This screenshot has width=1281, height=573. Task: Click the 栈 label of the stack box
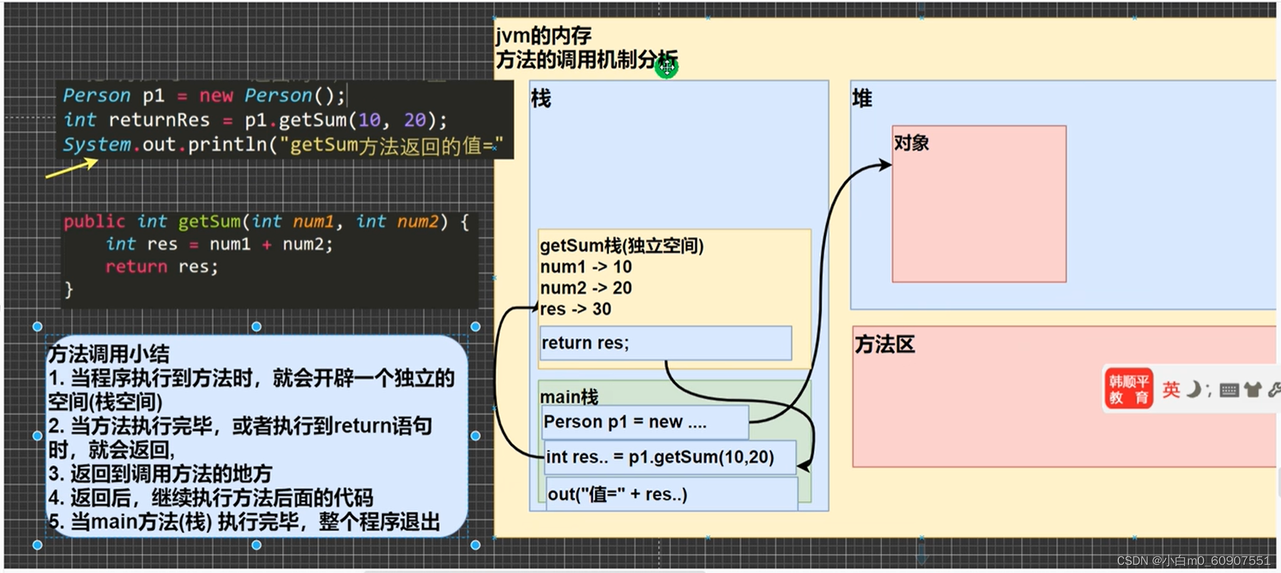[x=541, y=98]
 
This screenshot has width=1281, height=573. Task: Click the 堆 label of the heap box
[x=862, y=98]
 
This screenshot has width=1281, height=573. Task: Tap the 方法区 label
[x=884, y=344]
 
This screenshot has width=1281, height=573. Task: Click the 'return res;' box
[x=666, y=343]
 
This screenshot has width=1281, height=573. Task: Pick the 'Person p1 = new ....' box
[x=645, y=422]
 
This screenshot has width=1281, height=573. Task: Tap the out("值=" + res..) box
[x=672, y=494]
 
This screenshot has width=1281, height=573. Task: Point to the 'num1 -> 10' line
[x=586, y=267]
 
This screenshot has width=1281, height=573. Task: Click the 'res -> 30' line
[x=575, y=309]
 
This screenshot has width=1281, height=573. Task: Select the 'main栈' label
[x=569, y=396]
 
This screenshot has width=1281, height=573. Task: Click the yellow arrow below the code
[x=72, y=168]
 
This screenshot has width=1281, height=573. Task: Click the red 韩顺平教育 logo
[x=1128, y=389]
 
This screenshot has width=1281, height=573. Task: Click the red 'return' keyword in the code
[x=136, y=267]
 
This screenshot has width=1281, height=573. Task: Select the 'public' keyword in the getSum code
[x=94, y=222]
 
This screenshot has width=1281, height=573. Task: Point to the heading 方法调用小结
[x=109, y=354]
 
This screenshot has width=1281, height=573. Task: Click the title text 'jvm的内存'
[x=543, y=36]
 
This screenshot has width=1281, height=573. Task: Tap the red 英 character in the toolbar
[x=1171, y=390]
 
